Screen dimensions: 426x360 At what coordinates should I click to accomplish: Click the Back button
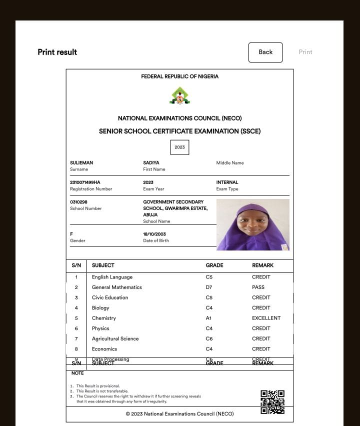click(265, 52)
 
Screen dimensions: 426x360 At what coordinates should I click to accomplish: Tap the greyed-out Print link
click(305, 52)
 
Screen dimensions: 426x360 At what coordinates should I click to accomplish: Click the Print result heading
click(57, 52)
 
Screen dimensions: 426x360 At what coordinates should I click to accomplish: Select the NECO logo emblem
click(180, 96)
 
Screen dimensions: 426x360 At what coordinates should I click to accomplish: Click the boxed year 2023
click(180, 147)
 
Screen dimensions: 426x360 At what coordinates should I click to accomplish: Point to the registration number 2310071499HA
click(85, 182)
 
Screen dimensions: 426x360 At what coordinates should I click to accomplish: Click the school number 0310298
click(79, 202)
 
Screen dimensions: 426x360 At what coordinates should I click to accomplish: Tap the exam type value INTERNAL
click(227, 182)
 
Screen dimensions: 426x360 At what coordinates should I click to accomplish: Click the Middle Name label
click(230, 163)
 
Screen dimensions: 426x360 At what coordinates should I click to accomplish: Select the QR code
click(272, 402)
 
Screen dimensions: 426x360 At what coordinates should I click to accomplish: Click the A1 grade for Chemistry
click(209, 318)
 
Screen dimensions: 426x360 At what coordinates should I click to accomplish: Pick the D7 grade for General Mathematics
click(209, 287)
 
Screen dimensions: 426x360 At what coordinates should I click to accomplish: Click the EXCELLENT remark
click(266, 318)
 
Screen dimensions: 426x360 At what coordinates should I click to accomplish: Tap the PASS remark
click(258, 287)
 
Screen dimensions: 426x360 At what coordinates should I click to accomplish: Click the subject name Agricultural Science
click(115, 338)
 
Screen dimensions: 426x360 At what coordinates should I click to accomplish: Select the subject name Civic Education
click(110, 297)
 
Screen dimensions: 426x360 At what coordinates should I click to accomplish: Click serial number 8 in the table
click(76, 349)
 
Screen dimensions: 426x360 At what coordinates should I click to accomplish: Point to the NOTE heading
click(77, 373)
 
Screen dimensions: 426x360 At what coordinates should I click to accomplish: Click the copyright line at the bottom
click(179, 414)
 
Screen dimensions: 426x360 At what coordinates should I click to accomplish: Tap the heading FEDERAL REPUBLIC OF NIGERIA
click(180, 76)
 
